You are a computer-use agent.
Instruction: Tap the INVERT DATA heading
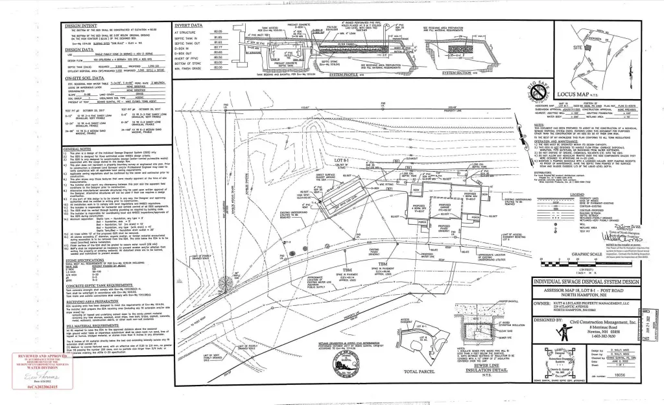pyautogui.click(x=188, y=25)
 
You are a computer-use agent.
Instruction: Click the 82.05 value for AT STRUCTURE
pyautogui.click(x=218, y=32)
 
